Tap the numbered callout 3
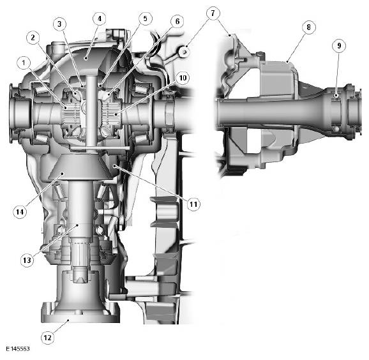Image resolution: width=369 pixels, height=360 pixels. (59, 24)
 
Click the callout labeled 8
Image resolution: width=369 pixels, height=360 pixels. (309, 27)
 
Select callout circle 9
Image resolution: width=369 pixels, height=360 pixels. (339, 45)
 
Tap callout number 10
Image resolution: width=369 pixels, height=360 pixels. (184, 79)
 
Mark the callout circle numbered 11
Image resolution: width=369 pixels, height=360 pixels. (193, 204)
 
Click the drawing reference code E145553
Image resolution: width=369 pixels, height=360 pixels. (18, 350)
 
